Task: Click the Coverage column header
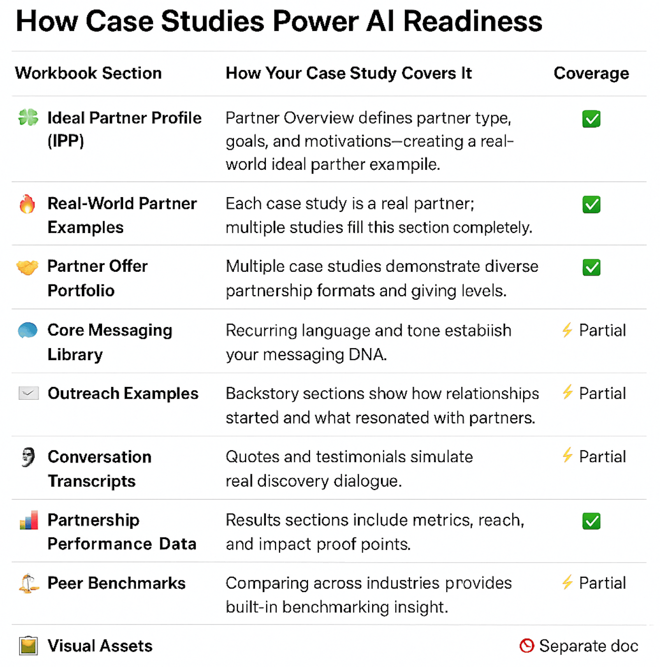point(591,73)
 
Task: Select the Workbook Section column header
point(88,73)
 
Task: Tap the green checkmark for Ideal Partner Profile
point(591,119)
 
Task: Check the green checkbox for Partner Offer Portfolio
point(591,267)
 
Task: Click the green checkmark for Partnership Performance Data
point(591,521)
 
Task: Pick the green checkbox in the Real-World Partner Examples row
point(591,204)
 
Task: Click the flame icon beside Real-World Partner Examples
point(27,204)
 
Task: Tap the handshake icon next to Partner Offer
point(27,267)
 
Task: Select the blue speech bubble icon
point(27,331)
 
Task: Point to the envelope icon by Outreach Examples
point(28,393)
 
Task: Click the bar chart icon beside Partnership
point(29,520)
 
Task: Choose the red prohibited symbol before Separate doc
point(527,645)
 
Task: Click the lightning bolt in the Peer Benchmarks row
point(567,583)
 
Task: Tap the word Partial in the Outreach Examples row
point(602,393)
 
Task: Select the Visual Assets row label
point(100,646)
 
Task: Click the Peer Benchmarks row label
point(117,583)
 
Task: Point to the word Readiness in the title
point(473,22)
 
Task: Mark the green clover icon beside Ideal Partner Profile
point(28,118)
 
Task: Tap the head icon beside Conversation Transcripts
point(28,457)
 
